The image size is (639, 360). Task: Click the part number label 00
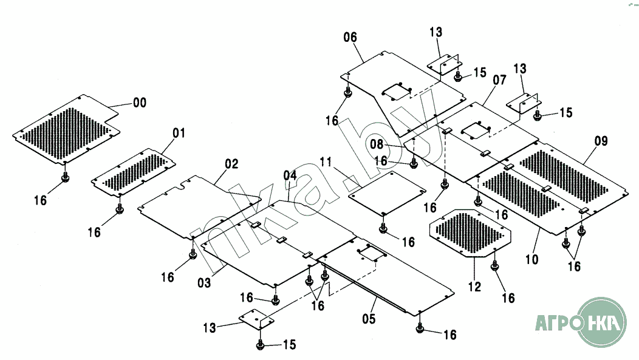140,103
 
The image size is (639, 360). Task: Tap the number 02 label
231,164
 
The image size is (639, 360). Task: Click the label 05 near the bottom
369,318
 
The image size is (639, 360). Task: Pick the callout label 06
350,37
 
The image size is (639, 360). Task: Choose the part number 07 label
499,80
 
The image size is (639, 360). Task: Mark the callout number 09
601,141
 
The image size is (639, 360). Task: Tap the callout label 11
326,162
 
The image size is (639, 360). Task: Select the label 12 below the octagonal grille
474,287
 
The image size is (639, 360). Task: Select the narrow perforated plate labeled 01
132,172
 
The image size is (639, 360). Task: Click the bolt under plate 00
66,177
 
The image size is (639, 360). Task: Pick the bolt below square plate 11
383,228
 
